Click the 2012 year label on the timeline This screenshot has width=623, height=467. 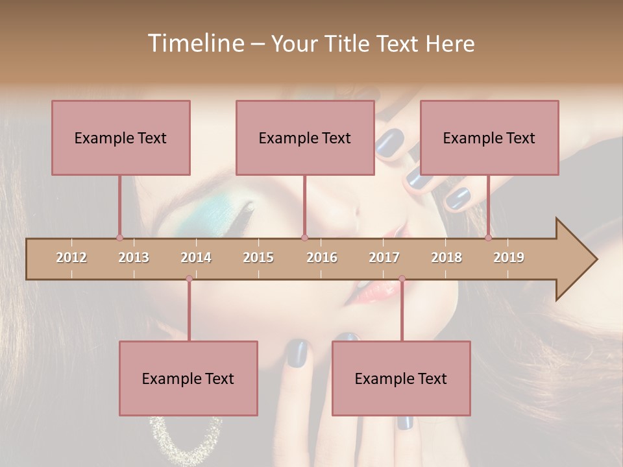(71, 257)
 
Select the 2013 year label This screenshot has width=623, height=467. (134, 257)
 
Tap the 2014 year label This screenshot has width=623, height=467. (196, 257)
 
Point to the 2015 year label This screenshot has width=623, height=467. (258, 257)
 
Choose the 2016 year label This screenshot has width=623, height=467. (322, 257)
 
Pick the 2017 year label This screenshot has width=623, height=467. (384, 257)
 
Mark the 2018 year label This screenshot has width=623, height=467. (446, 257)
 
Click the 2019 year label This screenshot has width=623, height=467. (509, 257)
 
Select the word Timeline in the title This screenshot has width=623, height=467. (194, 43)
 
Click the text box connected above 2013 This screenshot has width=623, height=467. (121, 138)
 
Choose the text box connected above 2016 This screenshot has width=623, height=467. (305, 138)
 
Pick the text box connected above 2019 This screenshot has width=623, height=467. (489, 138)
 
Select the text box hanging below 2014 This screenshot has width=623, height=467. (188, 378)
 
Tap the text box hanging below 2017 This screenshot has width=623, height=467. (401, 378)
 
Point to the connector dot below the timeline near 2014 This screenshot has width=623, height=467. (189, 278)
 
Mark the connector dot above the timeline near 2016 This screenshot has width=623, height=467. (304, 237)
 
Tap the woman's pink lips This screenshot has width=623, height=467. (376, 292)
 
